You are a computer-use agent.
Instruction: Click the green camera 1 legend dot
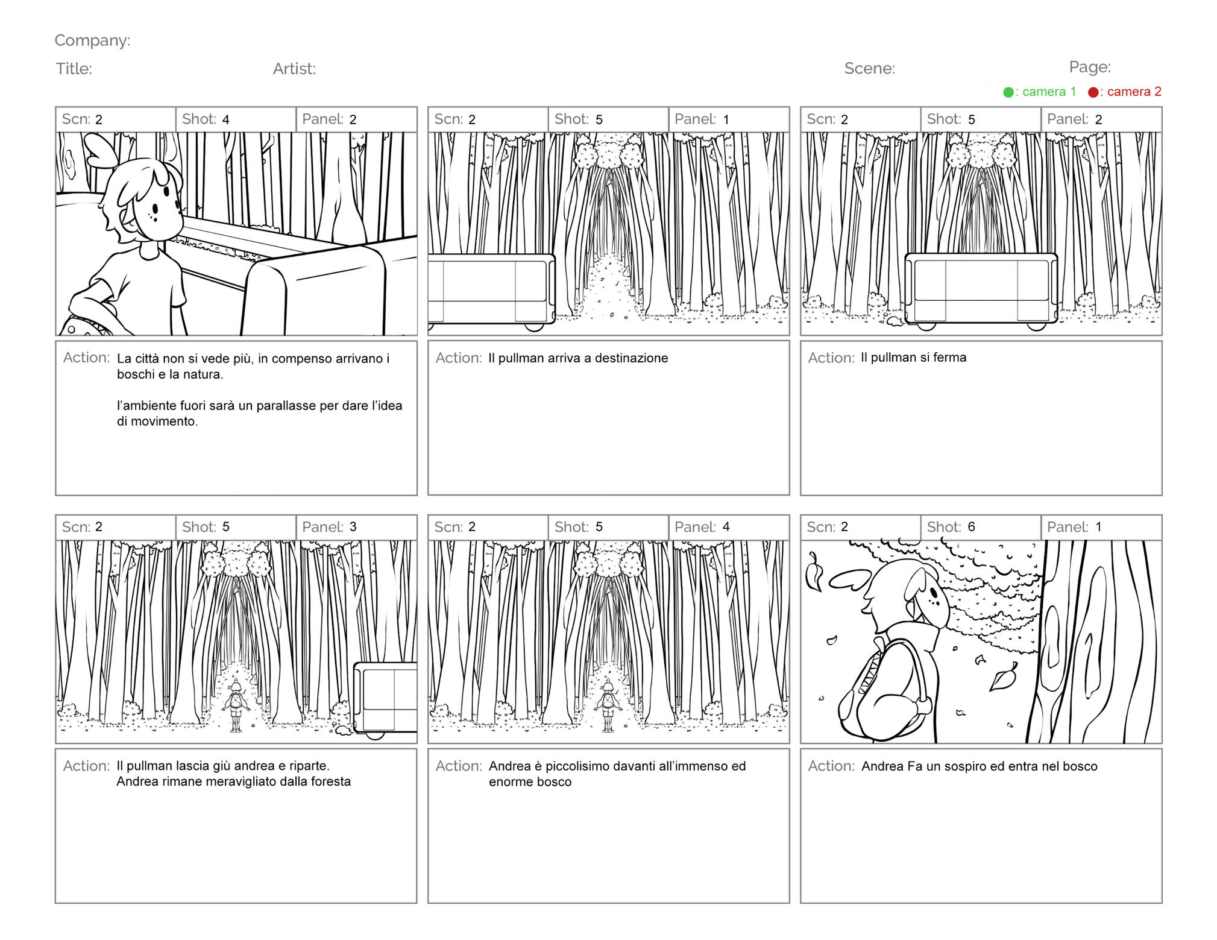[x=1008, y=92]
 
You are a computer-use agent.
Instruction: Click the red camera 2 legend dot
[x=1093, y=92]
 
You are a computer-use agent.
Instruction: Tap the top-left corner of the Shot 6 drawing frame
[x=801, y=541]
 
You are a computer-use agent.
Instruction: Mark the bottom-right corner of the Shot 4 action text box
[x=417, y=495]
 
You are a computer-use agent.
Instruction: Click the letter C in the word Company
[x=60, y=40]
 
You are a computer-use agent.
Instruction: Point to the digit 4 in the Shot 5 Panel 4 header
[x=726, y=527]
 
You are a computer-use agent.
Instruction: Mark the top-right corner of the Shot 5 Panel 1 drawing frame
[x=789, y=133]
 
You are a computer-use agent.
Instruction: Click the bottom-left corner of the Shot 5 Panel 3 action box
[x=56, y=903]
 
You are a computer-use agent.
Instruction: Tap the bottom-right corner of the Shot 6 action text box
[x=1162, y=903]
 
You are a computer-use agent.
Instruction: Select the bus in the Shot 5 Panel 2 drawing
[x=981, y=291]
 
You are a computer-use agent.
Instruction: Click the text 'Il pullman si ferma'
[x=913, y=358]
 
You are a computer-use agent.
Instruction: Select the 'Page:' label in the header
[x=1090, y=67]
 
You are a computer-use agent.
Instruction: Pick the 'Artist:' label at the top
[x=294, y=69]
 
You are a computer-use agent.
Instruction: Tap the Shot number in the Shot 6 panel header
[x=972, y=527]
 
